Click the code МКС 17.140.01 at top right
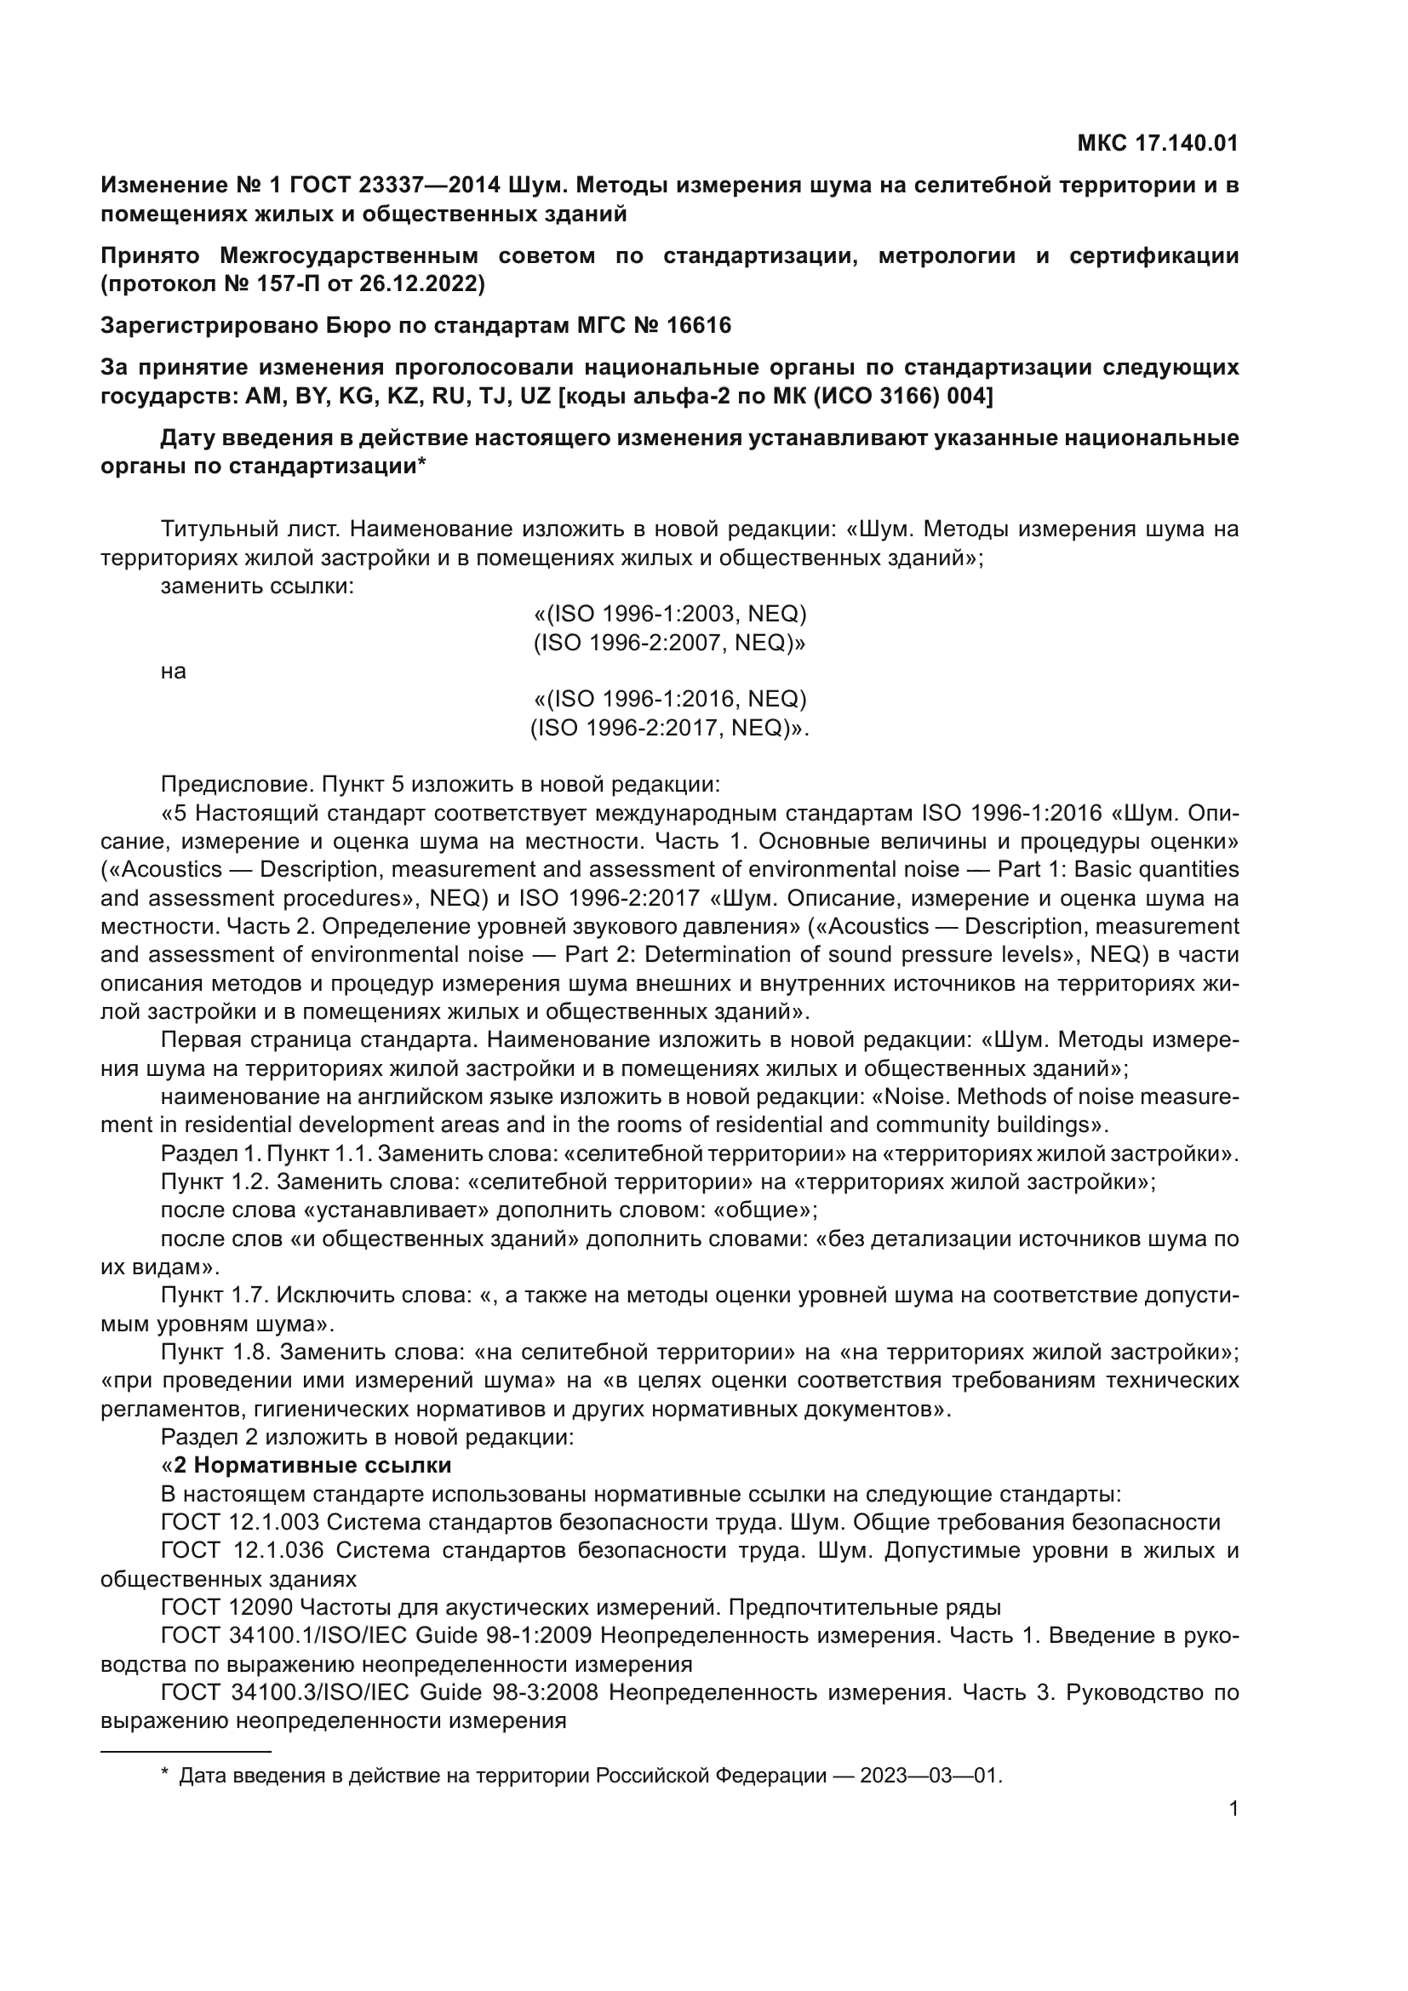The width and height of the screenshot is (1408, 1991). (1157, 143)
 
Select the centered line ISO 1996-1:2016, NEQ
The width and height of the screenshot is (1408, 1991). (669, 699)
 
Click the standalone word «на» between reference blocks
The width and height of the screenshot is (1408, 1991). (174, 671)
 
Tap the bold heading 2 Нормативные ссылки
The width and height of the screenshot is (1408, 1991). (312, 1466)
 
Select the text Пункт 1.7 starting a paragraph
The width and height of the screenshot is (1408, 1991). (215, 1295)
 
